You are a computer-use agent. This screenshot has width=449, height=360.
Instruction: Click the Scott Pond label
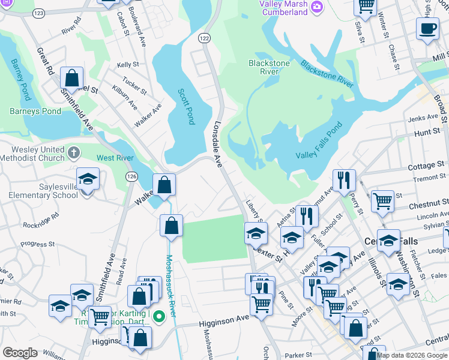pos(186,106)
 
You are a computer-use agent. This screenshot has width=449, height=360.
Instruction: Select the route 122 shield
pos(204,38)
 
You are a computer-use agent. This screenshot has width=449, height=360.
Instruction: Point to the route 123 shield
pos(38,13)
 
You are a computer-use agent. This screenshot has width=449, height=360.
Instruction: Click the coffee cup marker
pos(427,29)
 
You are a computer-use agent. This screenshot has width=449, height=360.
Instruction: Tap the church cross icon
pos(74,152)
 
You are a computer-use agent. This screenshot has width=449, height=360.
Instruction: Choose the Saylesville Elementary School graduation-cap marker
pos(88,179)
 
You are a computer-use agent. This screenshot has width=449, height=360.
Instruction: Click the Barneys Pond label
pos(35,111)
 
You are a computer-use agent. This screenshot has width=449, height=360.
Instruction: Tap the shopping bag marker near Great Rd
pos(71,79)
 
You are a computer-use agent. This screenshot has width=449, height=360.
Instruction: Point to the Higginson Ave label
pos(226,321)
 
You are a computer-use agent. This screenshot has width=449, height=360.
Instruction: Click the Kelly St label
pos(128,65)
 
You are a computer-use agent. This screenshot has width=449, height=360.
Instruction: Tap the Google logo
pos(19,353)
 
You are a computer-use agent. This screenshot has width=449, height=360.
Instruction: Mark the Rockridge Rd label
pos(41,220)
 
